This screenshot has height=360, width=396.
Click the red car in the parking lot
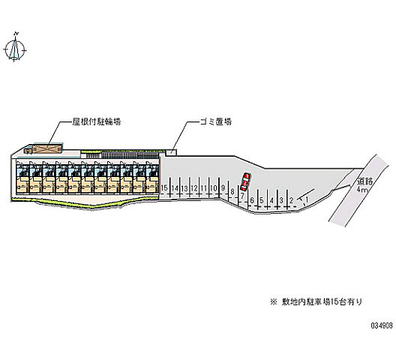pyautogui.click(x=245, y=181)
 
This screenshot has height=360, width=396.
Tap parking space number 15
pyautogui.click(x=164, y=188)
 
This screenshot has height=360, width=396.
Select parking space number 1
pyautogui.click(x=307, y=199)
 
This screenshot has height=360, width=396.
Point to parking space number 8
pyautogui.click(x=232, y=191)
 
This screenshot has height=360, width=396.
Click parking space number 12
pyautogui.click(x=194, y=188)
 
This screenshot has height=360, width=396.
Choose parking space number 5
pyautogui.click(x=262, y=200)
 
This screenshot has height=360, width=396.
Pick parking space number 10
pyautogui.click(x=214, y=188)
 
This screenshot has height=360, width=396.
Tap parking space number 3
pyautogui.click(x=281, y=200)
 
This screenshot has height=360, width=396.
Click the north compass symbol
pyautogui.click(x=15, y=47)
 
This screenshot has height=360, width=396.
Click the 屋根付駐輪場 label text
pyautogui.click(x=97, y=121)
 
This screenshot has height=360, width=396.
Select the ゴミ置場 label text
pyautogui.click(x=216, y=121)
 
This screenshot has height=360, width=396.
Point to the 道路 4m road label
pyautogui.click(x=364, y=185)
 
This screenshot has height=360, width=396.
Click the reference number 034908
pyautogui.click(x=382, y=325)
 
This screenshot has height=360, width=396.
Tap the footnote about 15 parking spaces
pyautogui.click(x=316, y=301)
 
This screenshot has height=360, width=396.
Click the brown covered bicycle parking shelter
pyautogui.click(x=46, y=149)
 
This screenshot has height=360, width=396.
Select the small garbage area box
pyautogui.click(x=171, y=152)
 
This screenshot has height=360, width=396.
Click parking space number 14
pyautogui.click(x=175, y=188)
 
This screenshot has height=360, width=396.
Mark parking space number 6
pyautogui.click(x=252, y=200)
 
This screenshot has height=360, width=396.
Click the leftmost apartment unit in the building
pyautogui.click(x=22, y=177)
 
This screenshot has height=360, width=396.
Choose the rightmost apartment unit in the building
pyautogui.click(x=152, y=177)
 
